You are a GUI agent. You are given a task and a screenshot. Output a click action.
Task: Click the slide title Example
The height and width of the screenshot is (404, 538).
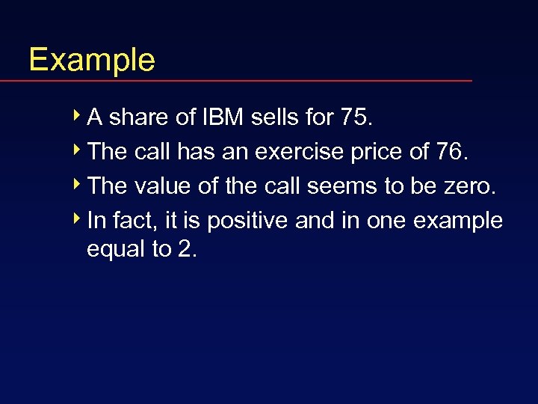pyautogui.click(x=91, y=59)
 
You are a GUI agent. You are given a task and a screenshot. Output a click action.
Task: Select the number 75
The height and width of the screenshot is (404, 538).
pyautogui.click(x=355, y=117)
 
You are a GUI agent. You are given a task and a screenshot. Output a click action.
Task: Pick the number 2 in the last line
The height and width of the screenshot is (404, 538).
pyautogui.click(x=185, y=249)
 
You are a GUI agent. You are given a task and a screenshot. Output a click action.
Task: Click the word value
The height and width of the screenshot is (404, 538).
pyautogui.click(x=163, y=186)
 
